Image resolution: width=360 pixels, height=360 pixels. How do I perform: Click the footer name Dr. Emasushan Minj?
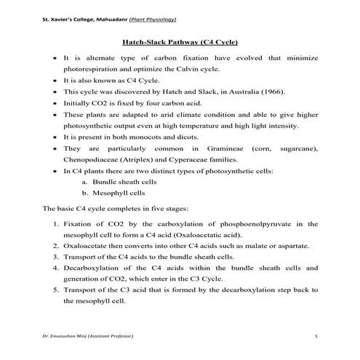[64, 339]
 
